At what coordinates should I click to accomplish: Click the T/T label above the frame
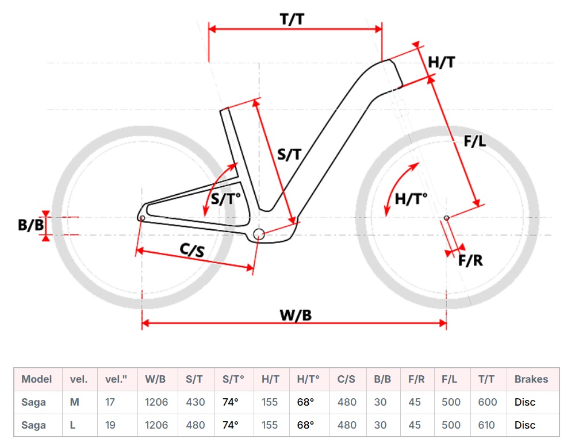point(292,18)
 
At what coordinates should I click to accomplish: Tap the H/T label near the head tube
point(441,61)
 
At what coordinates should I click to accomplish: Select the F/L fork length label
point(475,141)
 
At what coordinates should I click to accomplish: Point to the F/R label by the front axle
point(470,260)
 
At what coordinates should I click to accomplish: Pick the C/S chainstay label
point(192,251)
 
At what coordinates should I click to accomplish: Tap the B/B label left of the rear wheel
point(30,225)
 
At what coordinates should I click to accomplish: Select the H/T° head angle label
point(411,199)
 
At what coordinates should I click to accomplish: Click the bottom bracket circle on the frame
point(258,233)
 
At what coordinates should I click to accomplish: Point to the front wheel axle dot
point(446,217)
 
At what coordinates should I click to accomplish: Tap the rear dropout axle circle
point(142,217)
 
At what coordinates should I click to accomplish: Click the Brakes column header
point(531,379)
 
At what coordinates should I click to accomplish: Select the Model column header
point(36,379)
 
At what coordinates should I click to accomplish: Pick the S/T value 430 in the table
point(196,402)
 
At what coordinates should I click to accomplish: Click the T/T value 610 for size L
point(488,425)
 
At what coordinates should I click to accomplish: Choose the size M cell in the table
point(75,402)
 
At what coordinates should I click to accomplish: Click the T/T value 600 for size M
point(488,402)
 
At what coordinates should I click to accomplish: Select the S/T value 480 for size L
point(196,425)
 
